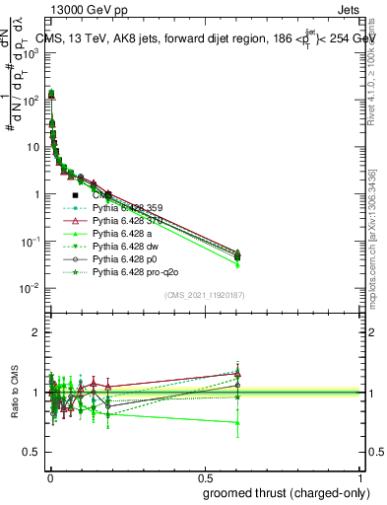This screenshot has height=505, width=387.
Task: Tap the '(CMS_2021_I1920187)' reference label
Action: click(x=205, y=294)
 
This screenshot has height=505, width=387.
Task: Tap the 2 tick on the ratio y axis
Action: click(x=36, y=332)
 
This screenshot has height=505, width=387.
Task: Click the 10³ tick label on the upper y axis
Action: click(x=31, y=52)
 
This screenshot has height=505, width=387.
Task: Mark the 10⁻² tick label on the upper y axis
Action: click(x=31, y=288)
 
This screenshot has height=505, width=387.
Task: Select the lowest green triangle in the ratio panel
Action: click(x=236, y=423)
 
